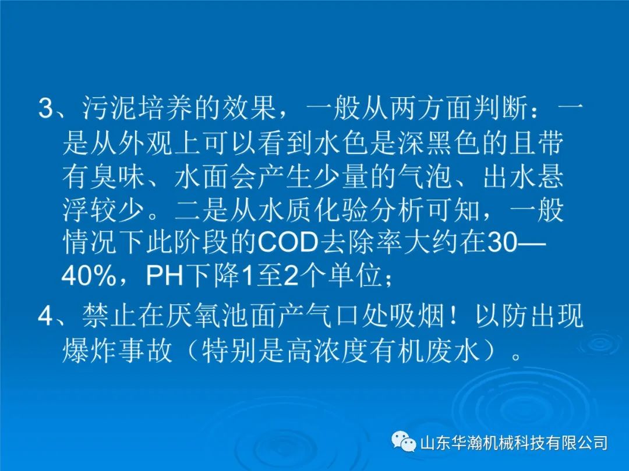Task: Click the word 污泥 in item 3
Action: [x=110, y=109]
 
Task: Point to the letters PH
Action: [x=164, y=276]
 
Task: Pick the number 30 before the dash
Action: [x=502, y=242]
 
